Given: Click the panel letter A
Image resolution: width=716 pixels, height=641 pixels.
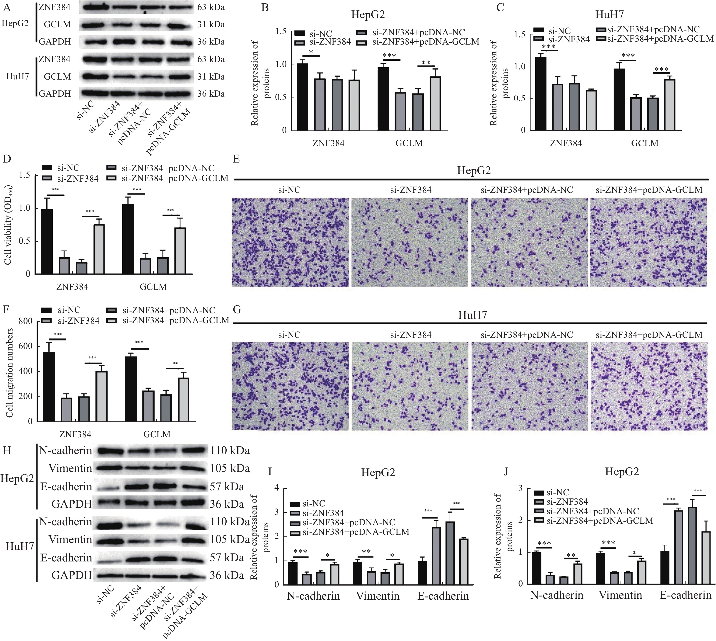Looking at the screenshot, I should point(5,7).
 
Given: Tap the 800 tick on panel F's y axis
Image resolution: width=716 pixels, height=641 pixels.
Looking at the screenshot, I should point(28,321).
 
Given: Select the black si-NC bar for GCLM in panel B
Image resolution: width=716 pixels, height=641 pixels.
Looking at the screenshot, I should point(383,99).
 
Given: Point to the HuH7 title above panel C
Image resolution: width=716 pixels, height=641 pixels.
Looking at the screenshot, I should point(609,15).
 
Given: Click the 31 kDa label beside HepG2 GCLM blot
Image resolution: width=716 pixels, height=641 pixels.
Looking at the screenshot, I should point(211,25).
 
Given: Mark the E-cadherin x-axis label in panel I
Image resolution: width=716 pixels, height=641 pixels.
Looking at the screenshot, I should point(443,596).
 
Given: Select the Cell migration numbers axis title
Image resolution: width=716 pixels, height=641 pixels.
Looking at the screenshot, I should point(10,373).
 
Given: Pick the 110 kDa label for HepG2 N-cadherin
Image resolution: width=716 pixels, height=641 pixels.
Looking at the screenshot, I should point(230,451).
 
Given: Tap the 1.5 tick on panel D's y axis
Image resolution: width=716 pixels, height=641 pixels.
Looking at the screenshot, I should point(25,175).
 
